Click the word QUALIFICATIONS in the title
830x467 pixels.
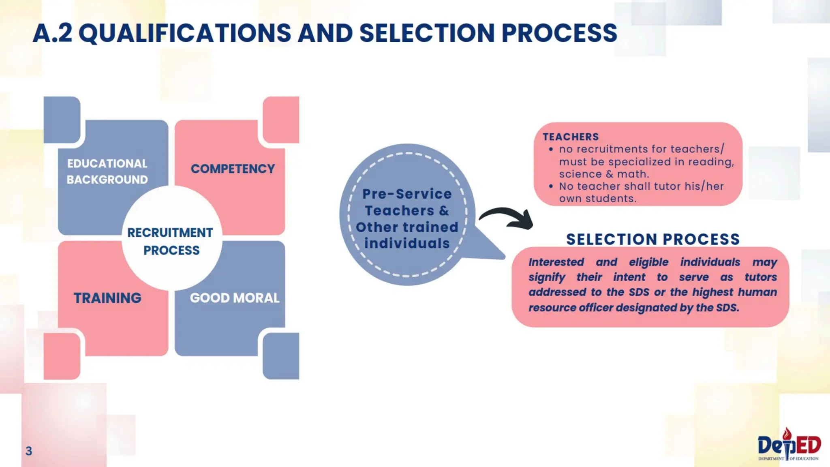[x=185, y=33]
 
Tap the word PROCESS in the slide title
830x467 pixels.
[x=559, y=33]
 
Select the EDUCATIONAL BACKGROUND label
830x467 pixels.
[x=107, y=171]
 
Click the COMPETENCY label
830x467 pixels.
[x=233, y=169]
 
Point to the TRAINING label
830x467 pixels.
[x=107, y=298]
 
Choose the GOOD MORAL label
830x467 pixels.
[x=235, y=298]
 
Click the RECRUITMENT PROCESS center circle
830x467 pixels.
[x=171, y=241]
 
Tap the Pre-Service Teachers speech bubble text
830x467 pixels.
[x=407, y=219]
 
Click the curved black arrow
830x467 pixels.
[x=507, y=218]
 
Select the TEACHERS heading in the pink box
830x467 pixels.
[x=571, y=137]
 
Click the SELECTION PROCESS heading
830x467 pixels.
[x=653, y=239]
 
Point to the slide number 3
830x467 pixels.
[x=29, y=451]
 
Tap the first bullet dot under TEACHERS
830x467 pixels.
[x=551, y=150]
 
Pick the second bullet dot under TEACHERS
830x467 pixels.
[x=551, y=186]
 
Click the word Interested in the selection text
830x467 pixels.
[x=556, y=262]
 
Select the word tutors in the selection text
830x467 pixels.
[x=761, y=277]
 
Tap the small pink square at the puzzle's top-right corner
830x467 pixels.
[x=281, y=119]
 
